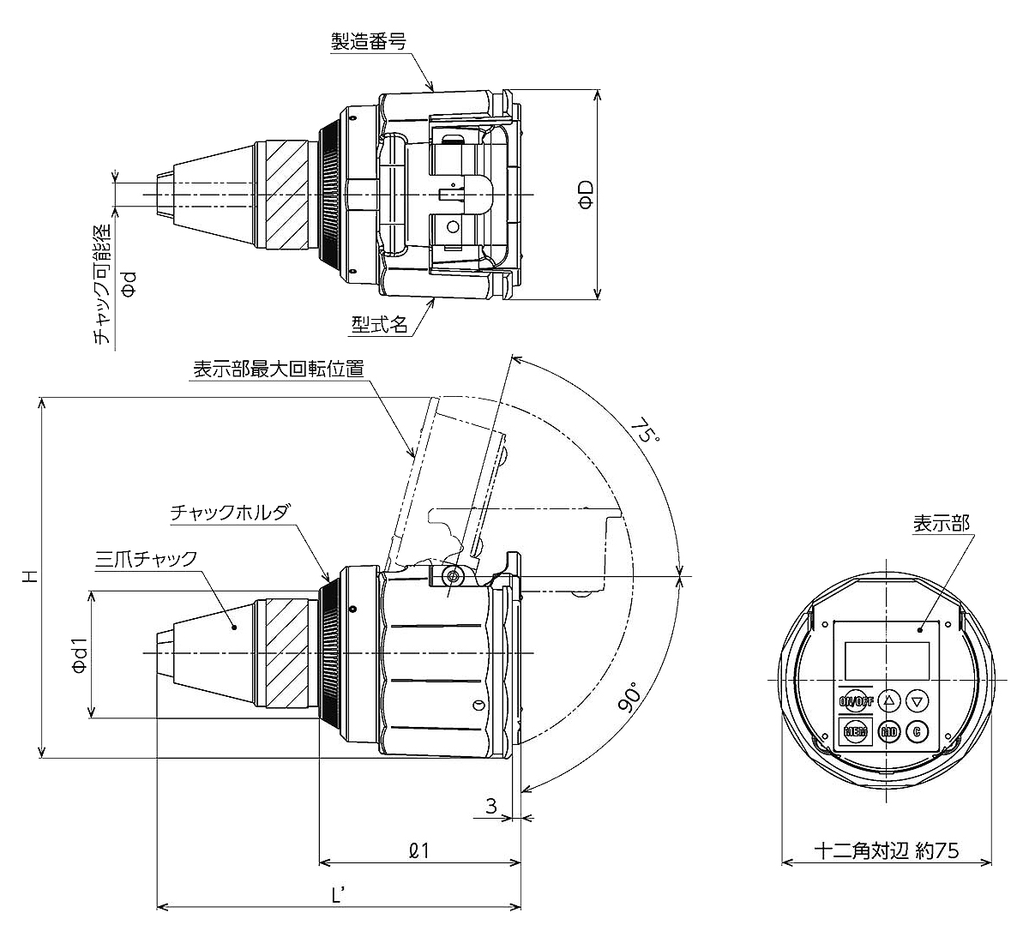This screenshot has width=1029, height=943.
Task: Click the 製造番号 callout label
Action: coord(369,41)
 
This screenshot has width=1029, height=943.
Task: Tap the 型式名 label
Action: coord(379,324)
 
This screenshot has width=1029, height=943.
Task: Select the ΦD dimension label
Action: coord(586,194)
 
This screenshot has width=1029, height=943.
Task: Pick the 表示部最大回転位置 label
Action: coord(278,369)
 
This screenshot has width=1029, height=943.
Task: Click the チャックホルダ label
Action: coord(231,512)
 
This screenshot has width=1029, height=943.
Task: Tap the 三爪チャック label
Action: coord(146,559)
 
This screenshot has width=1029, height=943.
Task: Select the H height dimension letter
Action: coord(30,577)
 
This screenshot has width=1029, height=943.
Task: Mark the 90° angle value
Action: coord(631,699)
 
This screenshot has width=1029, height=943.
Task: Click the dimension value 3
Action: coord(491,806)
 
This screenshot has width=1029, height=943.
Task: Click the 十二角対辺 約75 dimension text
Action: coord(887,850)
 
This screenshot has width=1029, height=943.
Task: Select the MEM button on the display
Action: coord(855,731)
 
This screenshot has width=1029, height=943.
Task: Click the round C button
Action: coord(917,731)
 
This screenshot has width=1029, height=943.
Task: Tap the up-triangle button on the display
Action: coord(888,700)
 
